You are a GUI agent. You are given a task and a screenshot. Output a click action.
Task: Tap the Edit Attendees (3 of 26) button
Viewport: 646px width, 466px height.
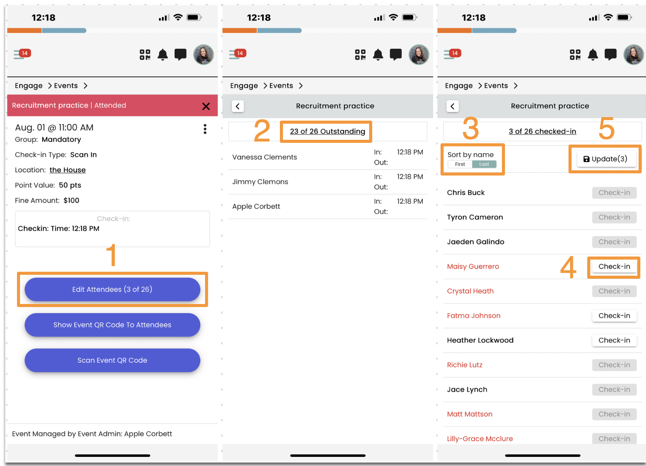112,289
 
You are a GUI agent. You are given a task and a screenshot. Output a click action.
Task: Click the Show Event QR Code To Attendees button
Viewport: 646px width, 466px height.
112,324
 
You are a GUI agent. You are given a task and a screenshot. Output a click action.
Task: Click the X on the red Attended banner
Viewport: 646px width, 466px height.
206,106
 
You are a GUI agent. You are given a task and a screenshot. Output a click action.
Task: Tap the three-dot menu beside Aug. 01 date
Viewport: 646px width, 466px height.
205,129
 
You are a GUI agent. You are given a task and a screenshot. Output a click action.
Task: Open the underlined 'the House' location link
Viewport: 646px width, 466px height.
67,170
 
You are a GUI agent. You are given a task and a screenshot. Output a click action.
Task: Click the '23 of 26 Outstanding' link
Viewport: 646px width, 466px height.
327,131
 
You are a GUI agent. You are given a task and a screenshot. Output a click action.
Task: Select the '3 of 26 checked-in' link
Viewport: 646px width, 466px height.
542,131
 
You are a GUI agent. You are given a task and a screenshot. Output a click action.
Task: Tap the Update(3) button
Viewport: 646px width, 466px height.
606,159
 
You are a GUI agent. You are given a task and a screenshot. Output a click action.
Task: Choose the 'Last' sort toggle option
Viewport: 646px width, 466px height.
484,164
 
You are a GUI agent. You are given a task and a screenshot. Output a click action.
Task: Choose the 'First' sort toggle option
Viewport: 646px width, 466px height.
460,164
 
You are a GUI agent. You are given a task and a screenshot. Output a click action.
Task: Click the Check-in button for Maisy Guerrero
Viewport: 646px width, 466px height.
614,267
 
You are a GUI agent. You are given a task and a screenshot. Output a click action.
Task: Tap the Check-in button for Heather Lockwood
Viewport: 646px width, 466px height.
614,340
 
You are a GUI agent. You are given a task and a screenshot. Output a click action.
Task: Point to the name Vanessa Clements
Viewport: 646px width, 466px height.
265,157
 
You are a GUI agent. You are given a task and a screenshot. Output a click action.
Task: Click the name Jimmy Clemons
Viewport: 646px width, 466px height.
260,182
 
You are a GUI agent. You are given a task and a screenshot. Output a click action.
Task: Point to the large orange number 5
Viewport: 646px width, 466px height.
606,128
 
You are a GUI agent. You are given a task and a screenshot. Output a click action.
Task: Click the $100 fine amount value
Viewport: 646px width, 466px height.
71,200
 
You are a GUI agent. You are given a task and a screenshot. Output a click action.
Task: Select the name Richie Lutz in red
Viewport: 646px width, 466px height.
464,365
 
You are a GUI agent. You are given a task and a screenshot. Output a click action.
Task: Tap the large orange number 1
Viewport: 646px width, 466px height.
111,254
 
